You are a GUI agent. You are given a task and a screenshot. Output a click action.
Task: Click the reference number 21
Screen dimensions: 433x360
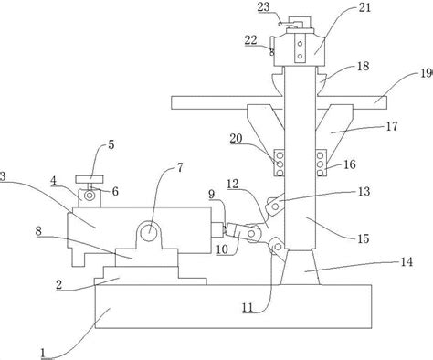point(364,7)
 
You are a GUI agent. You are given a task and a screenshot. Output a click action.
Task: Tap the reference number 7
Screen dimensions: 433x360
point(180,167)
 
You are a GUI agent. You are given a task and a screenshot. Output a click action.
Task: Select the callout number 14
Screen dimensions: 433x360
point(407,262)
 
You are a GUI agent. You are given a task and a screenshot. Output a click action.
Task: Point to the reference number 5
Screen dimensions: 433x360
point(111,144)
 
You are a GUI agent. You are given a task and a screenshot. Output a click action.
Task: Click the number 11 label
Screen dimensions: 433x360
point(248,308)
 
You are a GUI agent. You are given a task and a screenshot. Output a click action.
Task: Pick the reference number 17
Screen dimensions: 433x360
point(392,126)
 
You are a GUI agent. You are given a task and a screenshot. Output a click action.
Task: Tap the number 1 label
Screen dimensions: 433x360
point(43,354)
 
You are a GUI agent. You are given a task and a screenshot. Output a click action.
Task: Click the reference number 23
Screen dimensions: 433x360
point(264,7)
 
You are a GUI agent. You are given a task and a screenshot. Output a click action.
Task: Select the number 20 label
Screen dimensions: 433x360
point(236,139)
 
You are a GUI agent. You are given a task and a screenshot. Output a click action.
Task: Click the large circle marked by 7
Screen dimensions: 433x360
point(149,233)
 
